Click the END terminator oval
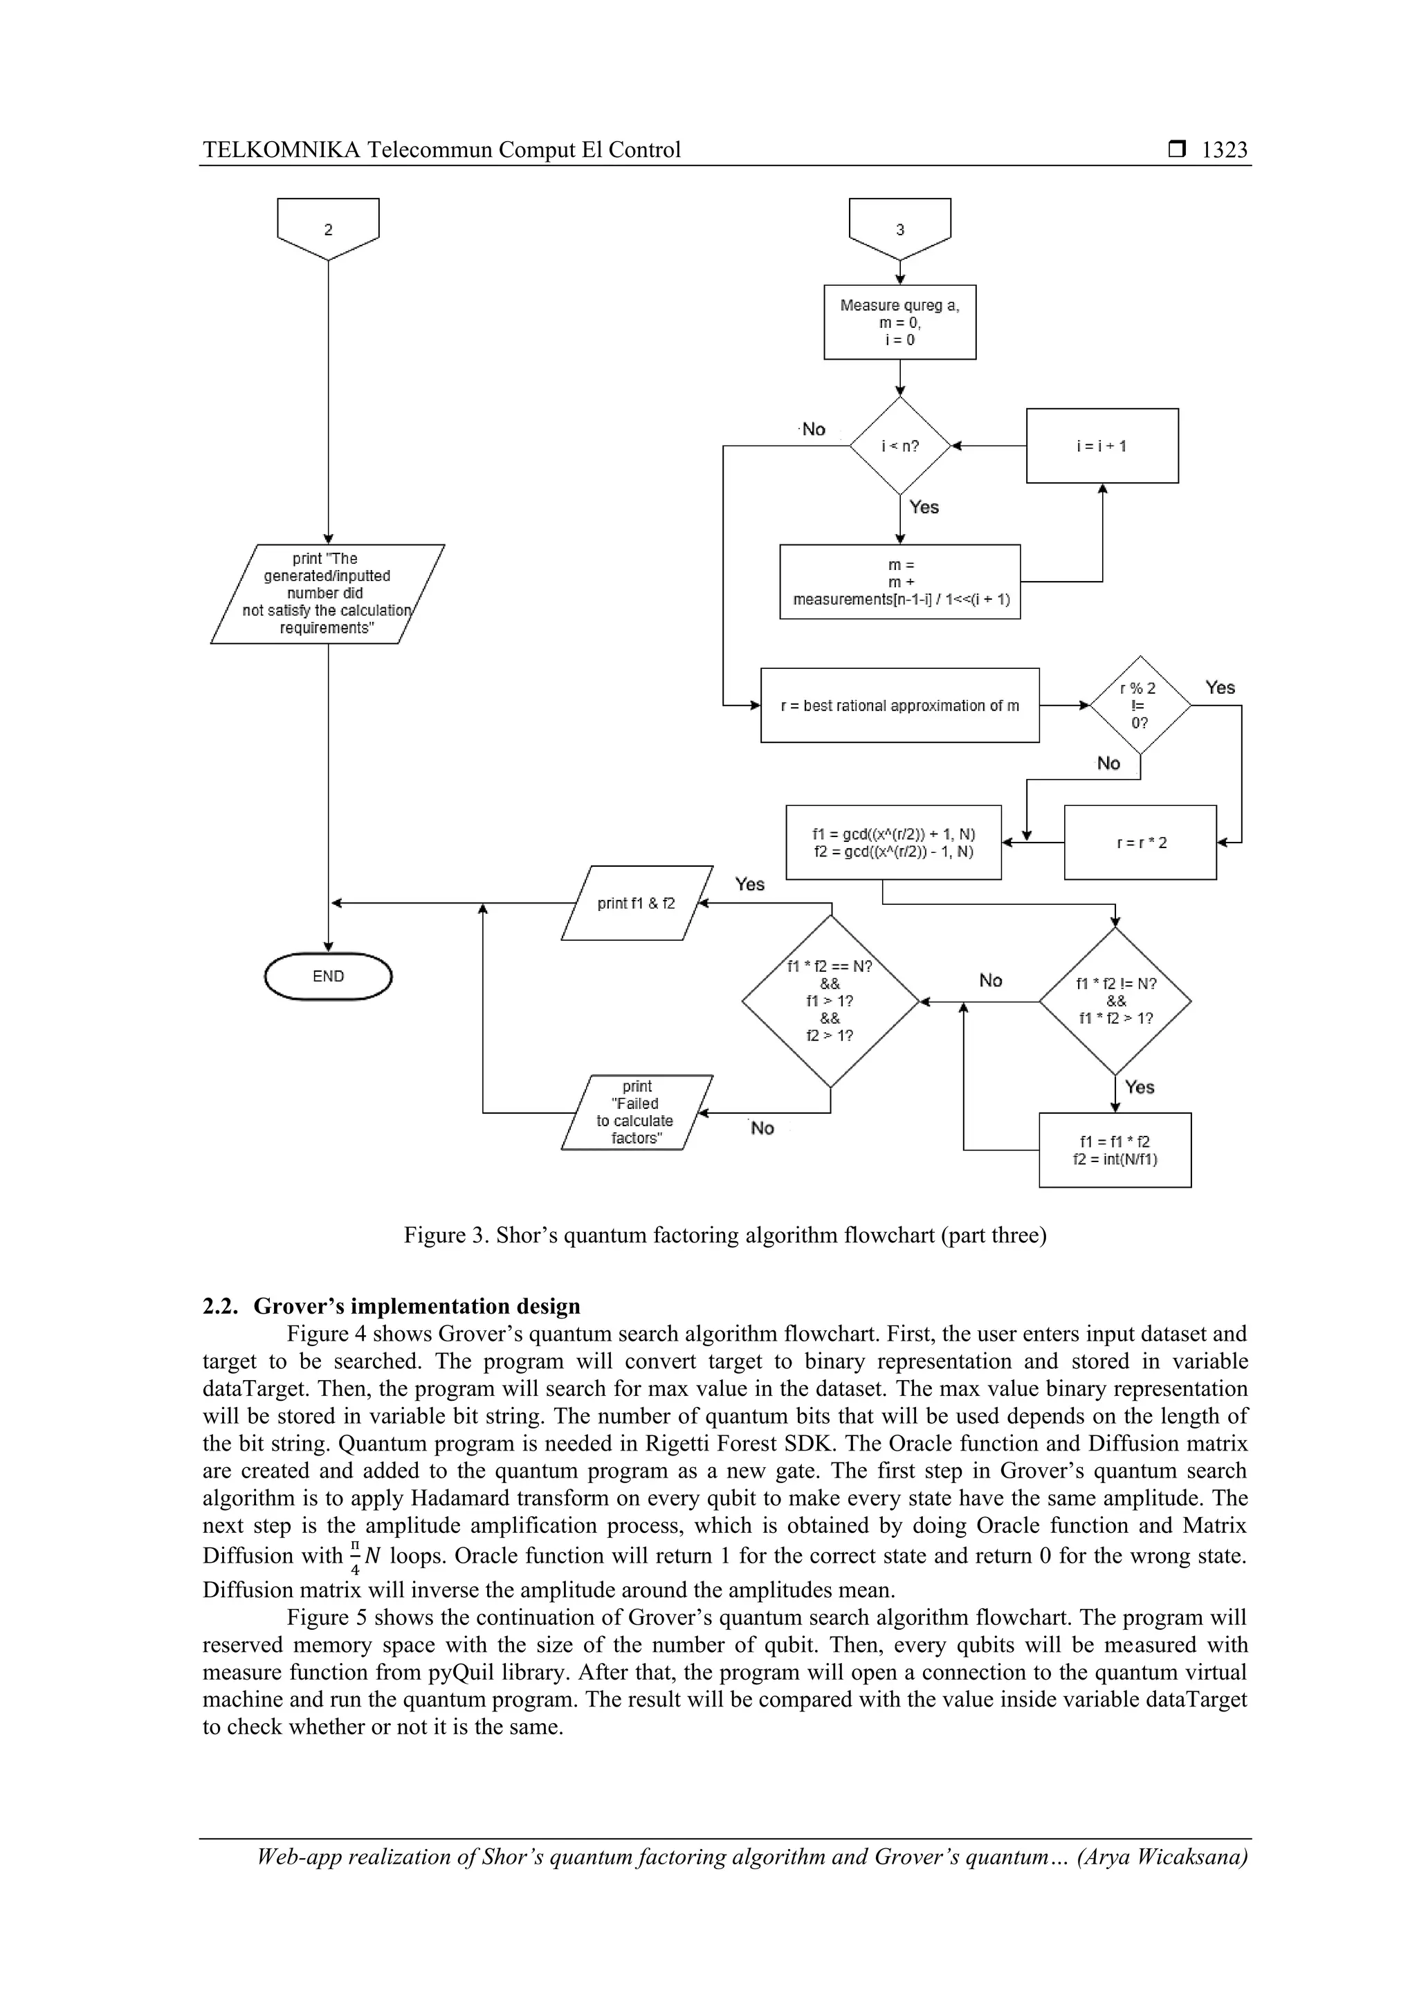[x=328, y=976]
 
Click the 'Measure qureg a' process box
[x=899, y=322]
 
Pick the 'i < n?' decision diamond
[x=899, y=446]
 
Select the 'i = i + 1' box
[x=1101, y=446]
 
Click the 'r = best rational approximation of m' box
[x=899, y=706]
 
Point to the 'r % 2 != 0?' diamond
[x=1140, y=706]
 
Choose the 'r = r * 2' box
[x=1140, y=843]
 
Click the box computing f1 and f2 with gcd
[x=893, y=843]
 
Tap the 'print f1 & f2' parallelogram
[x=637, y=903]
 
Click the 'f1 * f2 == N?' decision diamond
[x=830, y=1001]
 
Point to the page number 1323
[x=1224, y=150]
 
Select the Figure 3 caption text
[x=724, y=1235]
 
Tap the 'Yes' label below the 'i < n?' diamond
[x=924, y=507]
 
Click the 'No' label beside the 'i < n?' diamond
[x=813, y=430]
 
